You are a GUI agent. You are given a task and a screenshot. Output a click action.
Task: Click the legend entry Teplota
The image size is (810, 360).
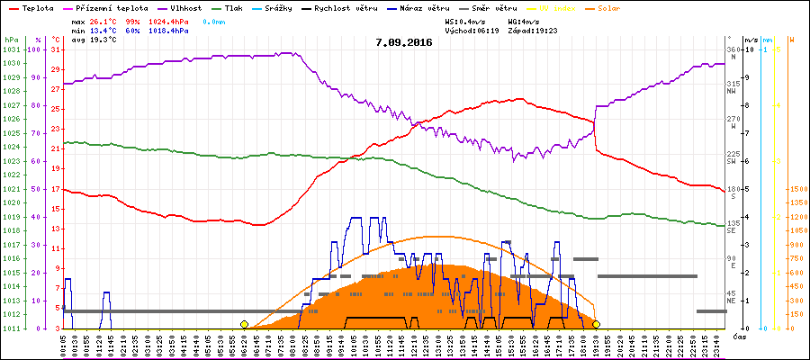click(x=28, y=7)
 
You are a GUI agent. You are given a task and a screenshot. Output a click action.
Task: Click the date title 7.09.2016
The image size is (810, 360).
click(x=404, y=42)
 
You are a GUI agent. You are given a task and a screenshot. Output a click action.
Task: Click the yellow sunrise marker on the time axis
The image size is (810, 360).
click(x=244, y=324)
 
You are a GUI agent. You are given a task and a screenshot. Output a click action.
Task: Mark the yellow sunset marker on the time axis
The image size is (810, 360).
click(x=596, y=324)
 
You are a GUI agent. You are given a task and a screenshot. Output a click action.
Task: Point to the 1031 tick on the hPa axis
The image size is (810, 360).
click(x=11, y=49)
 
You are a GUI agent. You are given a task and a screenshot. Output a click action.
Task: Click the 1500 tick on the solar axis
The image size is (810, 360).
click(x=797, y=189)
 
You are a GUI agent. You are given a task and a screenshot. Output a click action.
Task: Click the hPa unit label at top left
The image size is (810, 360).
click(x=11, y=40)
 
